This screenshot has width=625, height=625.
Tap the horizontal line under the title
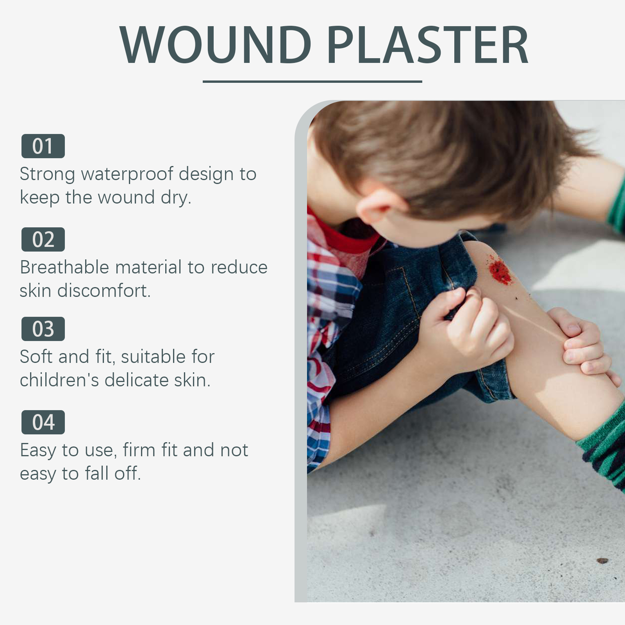312,82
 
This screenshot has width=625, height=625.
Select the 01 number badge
43,146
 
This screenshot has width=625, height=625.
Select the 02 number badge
43,239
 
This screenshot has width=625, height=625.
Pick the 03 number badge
43,329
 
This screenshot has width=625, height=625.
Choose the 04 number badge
43,422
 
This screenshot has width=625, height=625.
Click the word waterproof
127,175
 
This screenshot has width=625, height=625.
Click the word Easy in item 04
38,451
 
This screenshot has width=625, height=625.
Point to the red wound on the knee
500,269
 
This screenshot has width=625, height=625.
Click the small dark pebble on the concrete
602,561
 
